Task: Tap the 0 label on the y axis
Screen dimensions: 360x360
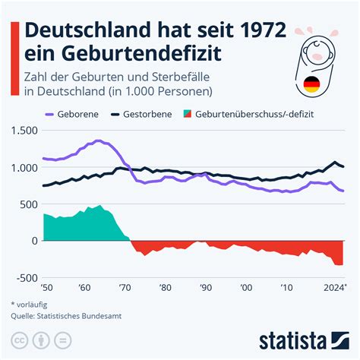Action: coord(33,241)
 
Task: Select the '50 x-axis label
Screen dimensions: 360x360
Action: coord(48,289)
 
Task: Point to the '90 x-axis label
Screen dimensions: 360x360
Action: coord(205,289)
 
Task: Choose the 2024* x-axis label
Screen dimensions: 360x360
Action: coord(333,289)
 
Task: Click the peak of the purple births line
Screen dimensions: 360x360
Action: coord(99,141)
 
